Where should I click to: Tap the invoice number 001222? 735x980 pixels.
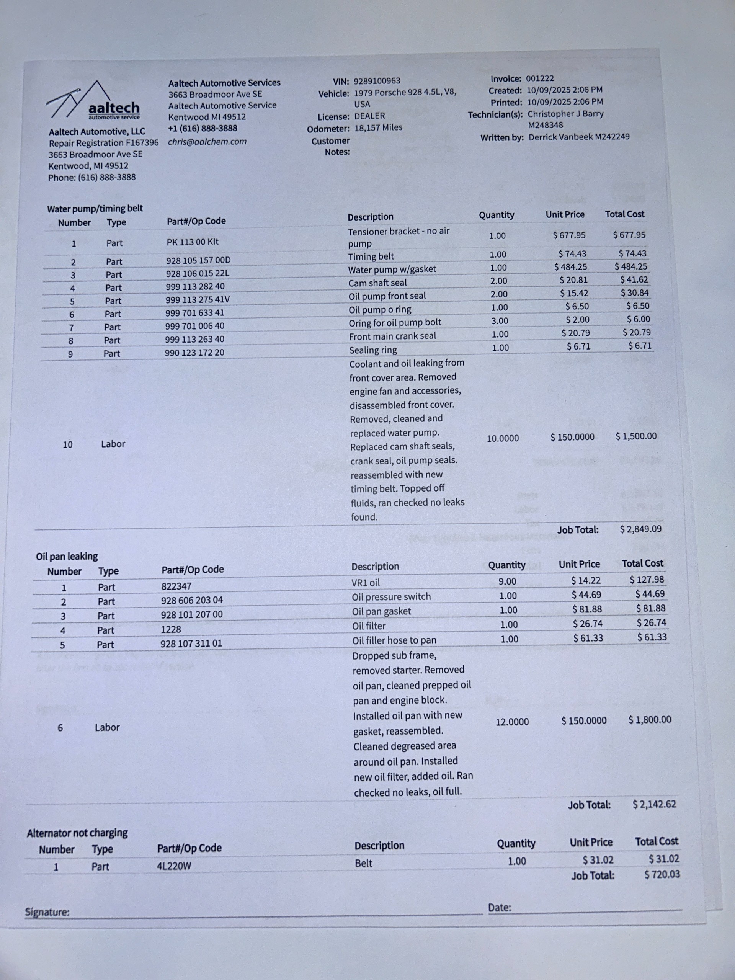540,78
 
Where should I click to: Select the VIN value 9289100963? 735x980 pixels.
377,81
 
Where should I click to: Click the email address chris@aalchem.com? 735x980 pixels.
207,142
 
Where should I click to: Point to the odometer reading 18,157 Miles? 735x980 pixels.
378,127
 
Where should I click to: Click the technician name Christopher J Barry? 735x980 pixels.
565,114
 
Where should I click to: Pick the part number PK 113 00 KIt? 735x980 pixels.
192,242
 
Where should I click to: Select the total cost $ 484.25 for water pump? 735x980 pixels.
630,267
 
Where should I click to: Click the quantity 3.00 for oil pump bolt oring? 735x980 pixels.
500,321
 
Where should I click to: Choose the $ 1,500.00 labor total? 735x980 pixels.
636,436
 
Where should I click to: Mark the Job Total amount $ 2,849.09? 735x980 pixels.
640,529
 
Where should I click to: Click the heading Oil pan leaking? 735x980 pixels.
67,556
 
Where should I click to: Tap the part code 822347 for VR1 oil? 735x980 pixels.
176,586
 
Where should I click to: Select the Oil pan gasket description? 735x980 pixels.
381,611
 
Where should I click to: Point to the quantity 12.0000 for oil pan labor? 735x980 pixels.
512,722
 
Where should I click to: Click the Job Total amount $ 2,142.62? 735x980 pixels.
654,804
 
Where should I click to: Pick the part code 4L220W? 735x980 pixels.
174,866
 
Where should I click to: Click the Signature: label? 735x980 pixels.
47,912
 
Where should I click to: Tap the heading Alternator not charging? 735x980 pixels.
77,833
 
